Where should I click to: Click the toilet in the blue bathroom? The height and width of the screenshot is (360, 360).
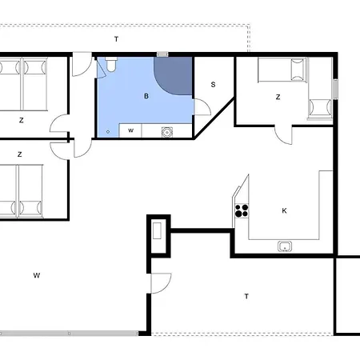[x=110, y=65]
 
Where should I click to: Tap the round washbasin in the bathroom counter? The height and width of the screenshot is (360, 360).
[x=167, y=132]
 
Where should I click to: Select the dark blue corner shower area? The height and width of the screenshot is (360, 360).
[x=174, y=76]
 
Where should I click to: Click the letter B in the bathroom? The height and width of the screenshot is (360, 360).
[x=146, y=96]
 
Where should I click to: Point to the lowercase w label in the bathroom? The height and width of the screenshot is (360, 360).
[x=130, y=130]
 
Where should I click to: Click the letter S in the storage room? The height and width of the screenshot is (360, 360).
[x=213, y=85]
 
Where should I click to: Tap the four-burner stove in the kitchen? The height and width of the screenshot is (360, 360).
[x=242, y=210]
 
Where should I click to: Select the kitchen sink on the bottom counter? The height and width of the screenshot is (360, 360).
[x=285, y=246]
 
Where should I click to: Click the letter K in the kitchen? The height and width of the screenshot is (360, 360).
[x=284, y=210]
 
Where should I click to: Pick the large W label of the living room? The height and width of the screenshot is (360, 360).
[x=37, y=275]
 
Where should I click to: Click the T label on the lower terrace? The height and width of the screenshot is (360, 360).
[x=246, y=296]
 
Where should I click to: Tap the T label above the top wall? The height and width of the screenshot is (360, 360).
[x=116, y=39]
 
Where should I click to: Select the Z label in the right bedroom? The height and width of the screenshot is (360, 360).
[x=278, y=97]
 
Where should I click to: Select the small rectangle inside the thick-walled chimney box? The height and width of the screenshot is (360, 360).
[x=157, y=230]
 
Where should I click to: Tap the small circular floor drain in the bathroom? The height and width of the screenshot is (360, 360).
[x=108, y=132]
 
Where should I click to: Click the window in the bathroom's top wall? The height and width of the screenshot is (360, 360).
[x=162, y=54]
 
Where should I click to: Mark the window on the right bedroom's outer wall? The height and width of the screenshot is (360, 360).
[x=335, y=89]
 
